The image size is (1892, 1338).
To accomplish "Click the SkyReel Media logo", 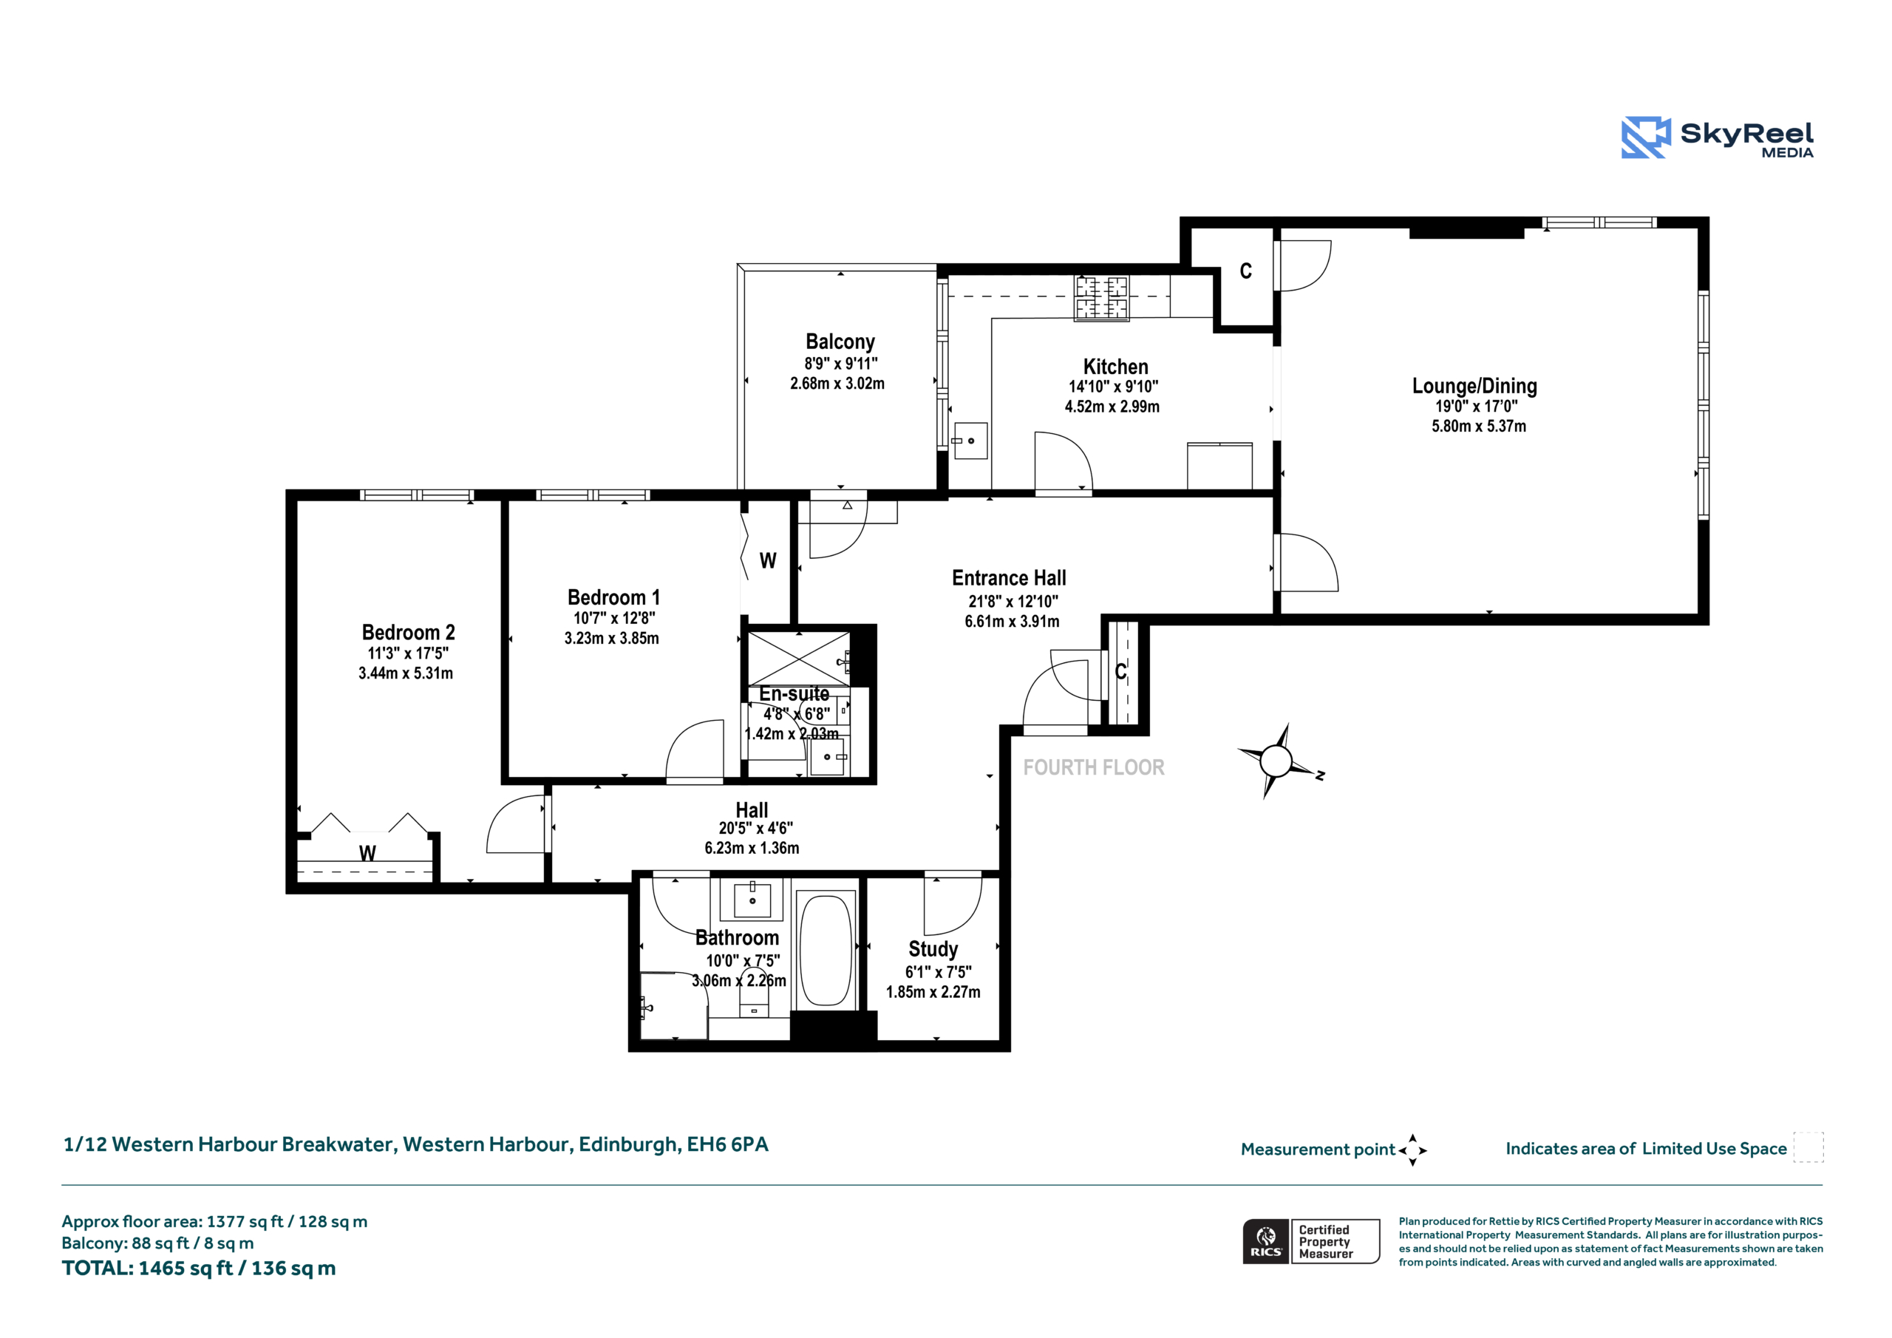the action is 1718,137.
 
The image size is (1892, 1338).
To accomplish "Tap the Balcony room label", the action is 840,342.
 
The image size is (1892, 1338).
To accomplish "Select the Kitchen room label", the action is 1115,366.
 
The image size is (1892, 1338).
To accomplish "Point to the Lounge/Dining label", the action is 1474,386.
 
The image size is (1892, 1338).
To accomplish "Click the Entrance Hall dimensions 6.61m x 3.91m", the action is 1012,622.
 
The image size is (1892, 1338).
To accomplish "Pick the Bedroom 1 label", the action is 613,597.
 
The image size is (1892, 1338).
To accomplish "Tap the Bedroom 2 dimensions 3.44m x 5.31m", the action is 406,673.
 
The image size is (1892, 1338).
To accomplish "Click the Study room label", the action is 933,949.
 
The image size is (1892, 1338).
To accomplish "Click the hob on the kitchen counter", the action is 1101,299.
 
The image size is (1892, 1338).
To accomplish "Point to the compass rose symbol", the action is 1276,761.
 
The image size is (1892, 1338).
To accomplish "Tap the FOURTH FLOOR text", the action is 1094,767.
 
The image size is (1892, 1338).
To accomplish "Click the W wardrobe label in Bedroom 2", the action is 367,853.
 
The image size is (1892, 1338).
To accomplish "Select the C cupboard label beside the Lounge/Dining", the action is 1246,271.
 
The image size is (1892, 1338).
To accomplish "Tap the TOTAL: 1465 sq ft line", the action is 199,1268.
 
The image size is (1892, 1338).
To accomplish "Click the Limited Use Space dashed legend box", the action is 1808,1147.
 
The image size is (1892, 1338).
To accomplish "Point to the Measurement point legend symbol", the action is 1412,1150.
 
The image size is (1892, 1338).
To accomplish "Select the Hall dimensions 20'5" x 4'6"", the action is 755,829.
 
